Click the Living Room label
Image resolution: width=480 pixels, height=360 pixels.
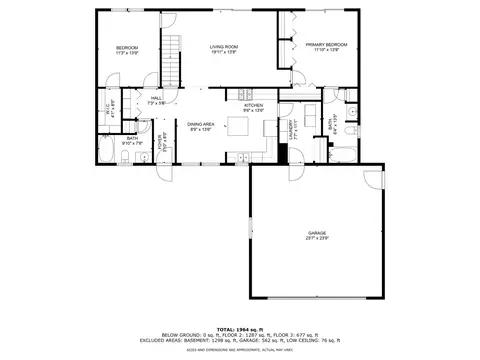pos(222,46)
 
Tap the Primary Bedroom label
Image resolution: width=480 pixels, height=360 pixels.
pos(326,45)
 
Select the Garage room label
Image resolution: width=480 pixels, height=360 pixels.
pos(317,233)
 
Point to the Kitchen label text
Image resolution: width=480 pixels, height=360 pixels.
pos(251,105)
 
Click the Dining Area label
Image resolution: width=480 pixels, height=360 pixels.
pos(202,124)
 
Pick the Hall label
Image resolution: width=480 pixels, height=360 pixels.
pos(156,98)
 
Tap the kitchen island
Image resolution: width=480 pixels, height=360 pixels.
pos(238,126)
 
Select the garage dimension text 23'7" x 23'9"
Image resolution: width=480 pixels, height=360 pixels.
pos(317,239)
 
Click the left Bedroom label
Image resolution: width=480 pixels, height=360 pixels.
pos(126,47)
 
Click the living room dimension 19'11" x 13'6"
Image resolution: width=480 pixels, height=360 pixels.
pos(222,52)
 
